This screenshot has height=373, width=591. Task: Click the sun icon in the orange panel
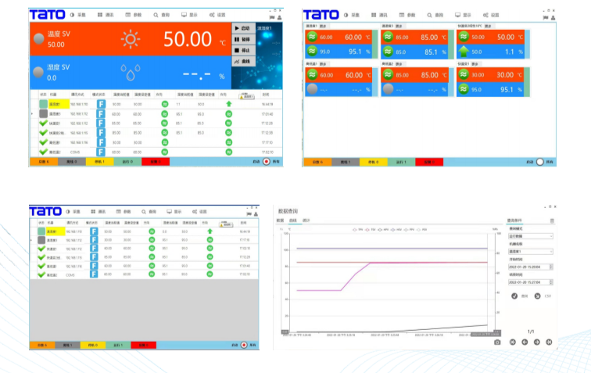(131, 40)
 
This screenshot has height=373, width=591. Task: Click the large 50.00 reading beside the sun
(188, 40)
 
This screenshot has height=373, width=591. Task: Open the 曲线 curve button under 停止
(243, 60)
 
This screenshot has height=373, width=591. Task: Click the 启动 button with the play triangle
(243, 28)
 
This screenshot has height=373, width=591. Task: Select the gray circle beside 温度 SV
(38, 40)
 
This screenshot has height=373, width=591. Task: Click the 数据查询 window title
(291, 211)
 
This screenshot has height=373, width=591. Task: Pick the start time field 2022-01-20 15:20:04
(530, 266)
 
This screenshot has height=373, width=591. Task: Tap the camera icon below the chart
(498, 342)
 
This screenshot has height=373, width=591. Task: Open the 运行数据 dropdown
(530, 235)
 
